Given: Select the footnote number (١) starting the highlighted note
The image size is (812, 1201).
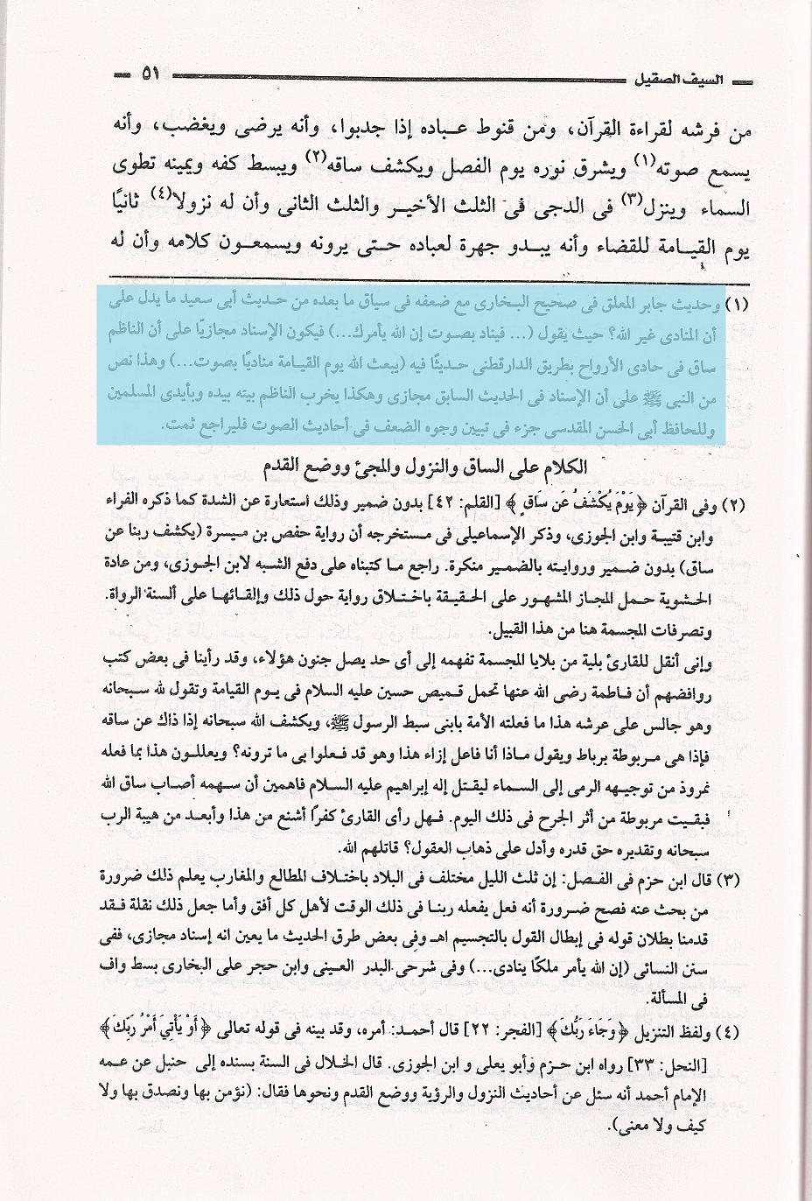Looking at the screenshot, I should click(x=739, y=306).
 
